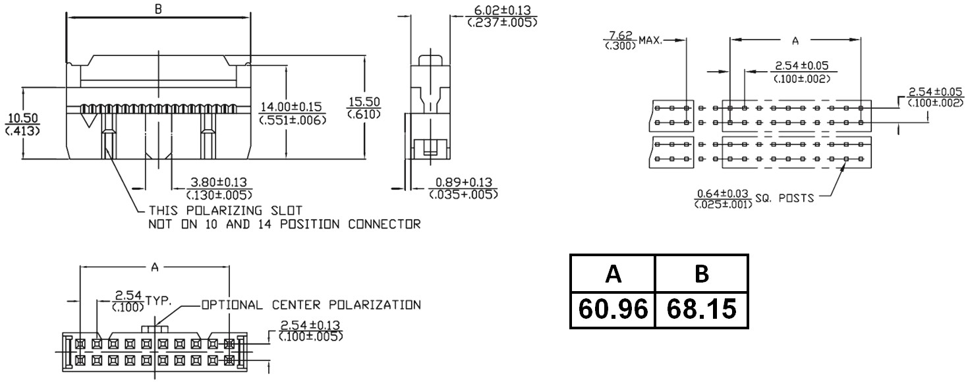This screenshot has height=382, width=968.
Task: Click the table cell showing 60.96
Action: [612, 309]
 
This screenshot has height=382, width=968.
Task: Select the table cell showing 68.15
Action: [701, 309]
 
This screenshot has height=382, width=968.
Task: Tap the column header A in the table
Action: [613, 273]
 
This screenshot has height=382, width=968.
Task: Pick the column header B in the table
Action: [702, 273]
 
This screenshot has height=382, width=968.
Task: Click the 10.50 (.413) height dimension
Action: [22, 124]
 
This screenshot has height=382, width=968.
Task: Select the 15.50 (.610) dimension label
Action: [364, 107]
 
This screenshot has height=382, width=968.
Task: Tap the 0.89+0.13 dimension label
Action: [463, 188]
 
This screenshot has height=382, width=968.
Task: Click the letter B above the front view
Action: [158, 9]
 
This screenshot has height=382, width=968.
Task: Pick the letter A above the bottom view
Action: [155, 267]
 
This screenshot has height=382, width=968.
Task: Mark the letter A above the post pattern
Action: [795, 41]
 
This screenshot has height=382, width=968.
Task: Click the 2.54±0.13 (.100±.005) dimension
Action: [312, 331]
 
